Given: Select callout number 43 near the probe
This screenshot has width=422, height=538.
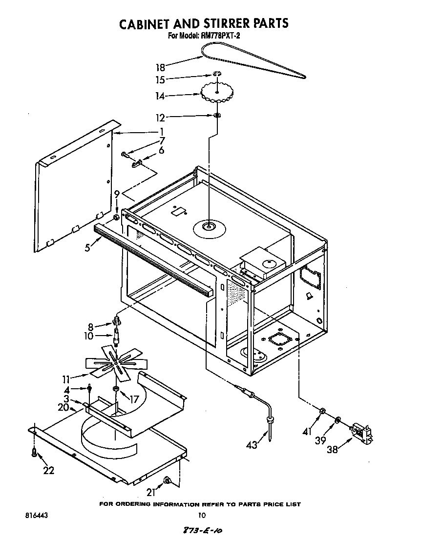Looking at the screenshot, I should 252,444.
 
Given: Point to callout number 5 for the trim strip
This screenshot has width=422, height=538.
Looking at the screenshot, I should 87,247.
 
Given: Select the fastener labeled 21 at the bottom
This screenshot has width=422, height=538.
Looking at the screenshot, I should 167,481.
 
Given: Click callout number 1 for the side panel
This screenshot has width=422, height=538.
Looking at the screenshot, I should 161,132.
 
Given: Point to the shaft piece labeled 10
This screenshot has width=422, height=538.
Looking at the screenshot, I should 117,336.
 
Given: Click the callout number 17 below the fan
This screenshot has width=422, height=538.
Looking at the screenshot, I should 133,399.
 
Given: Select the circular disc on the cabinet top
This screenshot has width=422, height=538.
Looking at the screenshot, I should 208,226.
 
